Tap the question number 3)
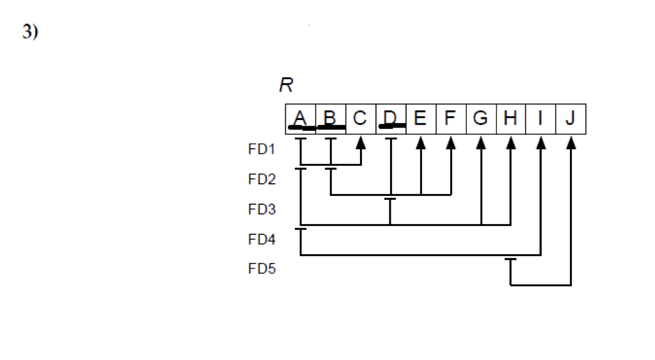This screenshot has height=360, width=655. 30,34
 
